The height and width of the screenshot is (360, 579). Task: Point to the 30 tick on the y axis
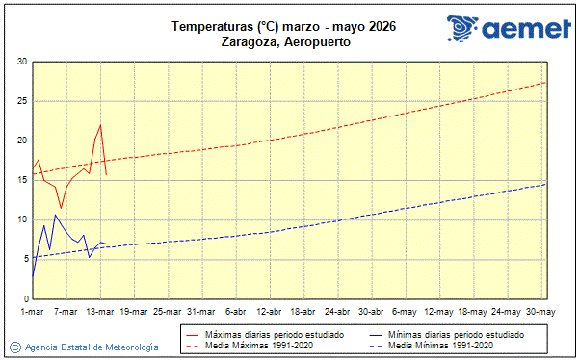(20, 62)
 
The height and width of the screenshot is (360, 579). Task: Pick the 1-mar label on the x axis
(33, 312)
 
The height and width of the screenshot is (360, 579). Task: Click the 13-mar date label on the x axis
(100, 312)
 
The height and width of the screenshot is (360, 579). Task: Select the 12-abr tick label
(269, 312)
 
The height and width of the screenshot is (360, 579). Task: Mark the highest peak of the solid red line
(100, 125)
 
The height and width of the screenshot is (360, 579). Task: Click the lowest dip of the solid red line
(61, 208)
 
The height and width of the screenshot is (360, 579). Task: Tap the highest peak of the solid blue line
(56, 214)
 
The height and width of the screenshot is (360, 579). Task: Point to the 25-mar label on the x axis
(168, 312)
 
